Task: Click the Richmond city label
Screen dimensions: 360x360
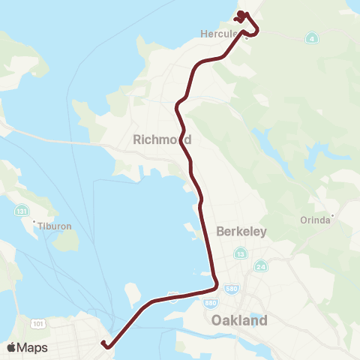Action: tap(161, 139)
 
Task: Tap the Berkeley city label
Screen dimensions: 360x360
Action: tap(241, 232)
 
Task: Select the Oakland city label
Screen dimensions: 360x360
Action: tap(239, 320)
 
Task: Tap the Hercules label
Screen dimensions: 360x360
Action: tap(220, 33)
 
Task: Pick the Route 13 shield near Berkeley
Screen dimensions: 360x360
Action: tap(240, 253)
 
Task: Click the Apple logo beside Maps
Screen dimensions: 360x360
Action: tap(10, 347)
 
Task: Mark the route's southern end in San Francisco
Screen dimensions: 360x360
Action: tap(106, 346)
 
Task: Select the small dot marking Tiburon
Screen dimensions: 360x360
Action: tap(34, 222)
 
